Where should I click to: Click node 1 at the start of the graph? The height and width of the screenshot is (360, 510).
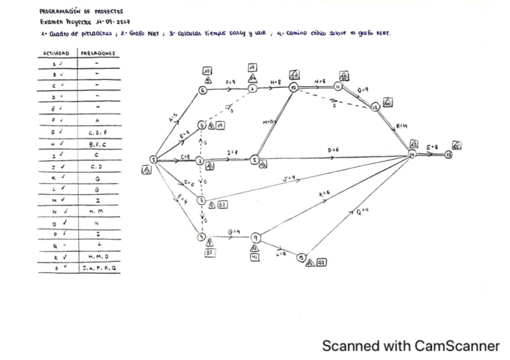pyautogui.click(x=153, y=160)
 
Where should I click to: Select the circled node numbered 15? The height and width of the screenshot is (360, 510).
pyautogui.click(x=449, y=154)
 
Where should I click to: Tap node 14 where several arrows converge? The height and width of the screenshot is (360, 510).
pyautogui.click(x=412, y=155)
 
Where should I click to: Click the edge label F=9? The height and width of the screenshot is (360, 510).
pyautogui.click(x=230, y=82)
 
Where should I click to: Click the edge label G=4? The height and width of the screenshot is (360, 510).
pyautogui.click(x=234, y=231)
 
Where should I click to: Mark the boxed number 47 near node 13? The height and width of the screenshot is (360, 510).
pyautogui.click(x=322, y=263)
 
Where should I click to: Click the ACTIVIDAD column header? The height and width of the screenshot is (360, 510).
pyautogui.click(x=55, y=54)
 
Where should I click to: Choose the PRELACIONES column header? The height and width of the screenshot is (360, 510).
pyautogui.click(x=97, y=54)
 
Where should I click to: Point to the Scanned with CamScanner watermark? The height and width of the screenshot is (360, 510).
pyautogui.click(x=411, y=346)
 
